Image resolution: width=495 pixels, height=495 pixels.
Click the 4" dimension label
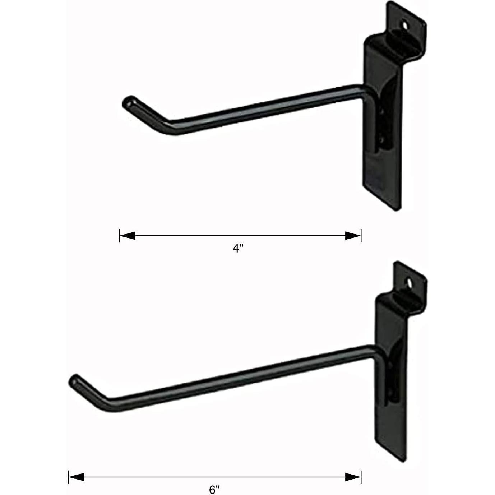click(x=238, y=249)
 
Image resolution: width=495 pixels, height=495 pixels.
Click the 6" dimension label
click(x=214, y=489)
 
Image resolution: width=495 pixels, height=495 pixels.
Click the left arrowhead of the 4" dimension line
click(x=128, y=236)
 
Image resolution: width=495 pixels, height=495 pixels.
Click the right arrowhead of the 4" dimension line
click(x=352, y=236)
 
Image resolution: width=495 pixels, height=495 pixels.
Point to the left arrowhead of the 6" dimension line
click(x=77, y=477)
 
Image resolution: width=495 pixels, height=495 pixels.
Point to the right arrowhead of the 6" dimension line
click(x=352, y=477)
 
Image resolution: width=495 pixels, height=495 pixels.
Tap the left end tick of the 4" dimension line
click(x=119, y=236)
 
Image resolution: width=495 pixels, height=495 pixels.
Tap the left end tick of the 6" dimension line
click(x=68, y=477)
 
